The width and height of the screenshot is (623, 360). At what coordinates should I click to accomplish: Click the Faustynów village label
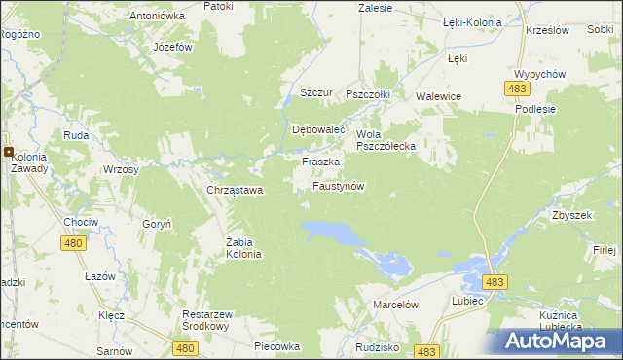coord(338,186)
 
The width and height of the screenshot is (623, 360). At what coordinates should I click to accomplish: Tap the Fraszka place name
coord(320,162)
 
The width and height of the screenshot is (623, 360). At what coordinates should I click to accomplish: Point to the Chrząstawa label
coord(235,190)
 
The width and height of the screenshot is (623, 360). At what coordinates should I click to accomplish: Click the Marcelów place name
coord(395,305)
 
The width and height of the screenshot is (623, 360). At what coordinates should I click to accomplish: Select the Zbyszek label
coord(571,215)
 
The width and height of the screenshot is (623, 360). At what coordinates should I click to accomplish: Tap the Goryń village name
coord(157,223)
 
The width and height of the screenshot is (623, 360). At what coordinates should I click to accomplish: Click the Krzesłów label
coord(545,30)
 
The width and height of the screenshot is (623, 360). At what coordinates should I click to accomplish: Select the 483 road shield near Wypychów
coord(517,89)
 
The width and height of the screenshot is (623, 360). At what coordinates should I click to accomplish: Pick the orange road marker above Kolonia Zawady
coord(8,152)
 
